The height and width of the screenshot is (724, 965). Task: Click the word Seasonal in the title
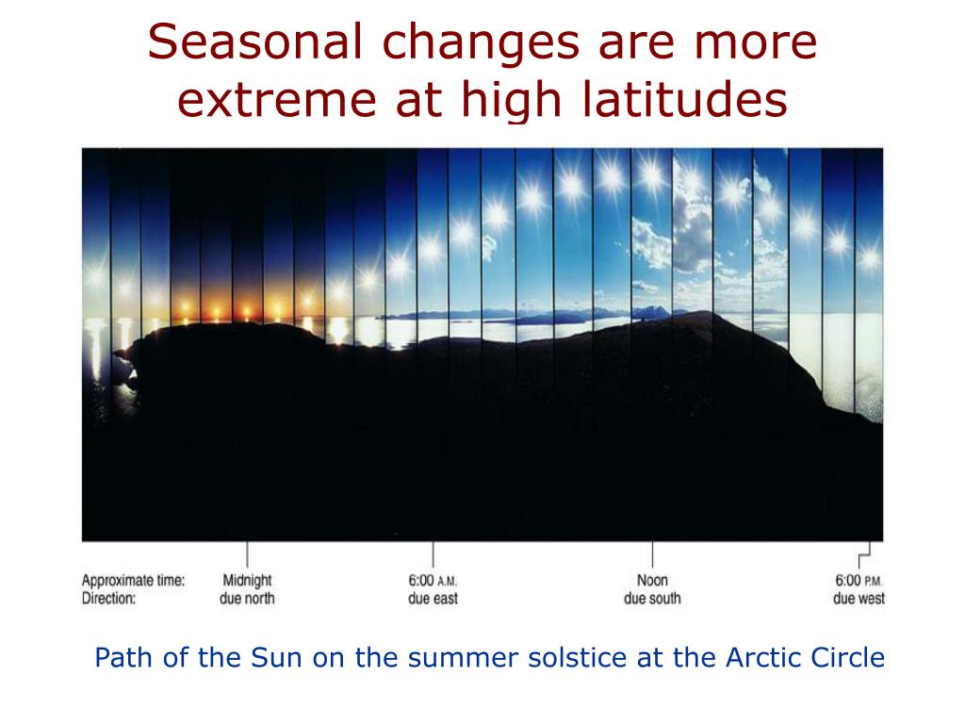click(254, 41)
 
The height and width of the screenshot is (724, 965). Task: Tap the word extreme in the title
click(277, 100)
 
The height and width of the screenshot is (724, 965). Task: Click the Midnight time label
click(247, 581)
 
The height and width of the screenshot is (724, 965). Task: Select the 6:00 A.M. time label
click(433, 581)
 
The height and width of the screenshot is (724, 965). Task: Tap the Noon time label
click(652, 580)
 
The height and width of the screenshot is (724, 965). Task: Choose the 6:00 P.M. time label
click(859, 581)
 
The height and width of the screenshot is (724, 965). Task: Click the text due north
click(247, 599)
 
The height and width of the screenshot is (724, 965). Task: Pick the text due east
click(433, 599)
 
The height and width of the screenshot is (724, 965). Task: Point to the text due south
click(652, 599)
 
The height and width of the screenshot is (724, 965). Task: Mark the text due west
click(859, 599)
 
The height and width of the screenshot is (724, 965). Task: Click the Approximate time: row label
click(133, 581)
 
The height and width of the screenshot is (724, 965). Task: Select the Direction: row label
click(108, 599)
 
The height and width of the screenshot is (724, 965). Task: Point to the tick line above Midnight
click(248, 554)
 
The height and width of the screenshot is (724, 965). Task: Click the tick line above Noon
click(652, 554)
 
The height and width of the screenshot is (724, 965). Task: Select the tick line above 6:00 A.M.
click(433, 554)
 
